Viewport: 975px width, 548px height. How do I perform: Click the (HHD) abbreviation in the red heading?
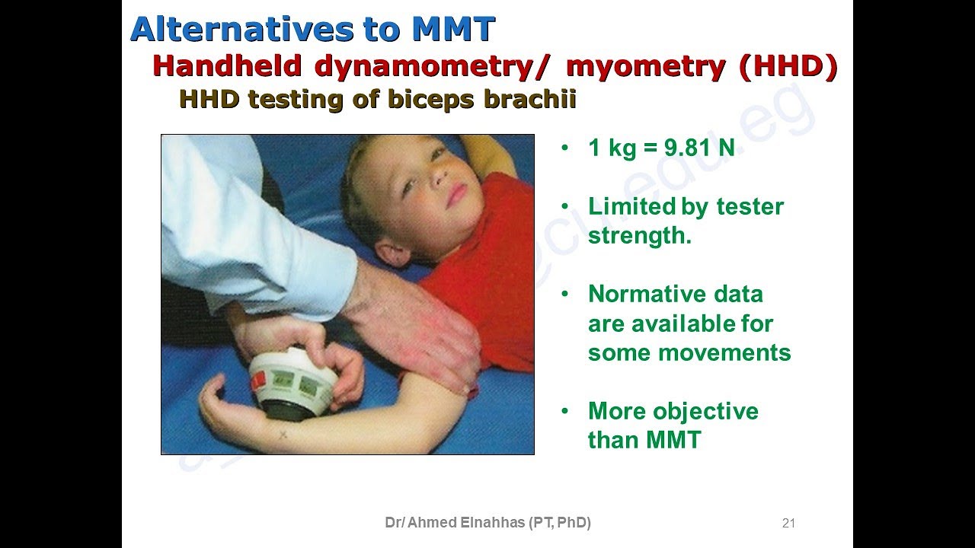click(x=788, y=67)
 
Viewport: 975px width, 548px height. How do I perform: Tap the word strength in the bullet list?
click(x=638, y=236)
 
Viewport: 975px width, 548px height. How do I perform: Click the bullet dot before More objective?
click(x=564, y=411)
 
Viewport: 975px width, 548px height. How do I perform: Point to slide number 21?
click(x=788, y=523)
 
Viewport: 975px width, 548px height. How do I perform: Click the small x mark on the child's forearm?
click(x=283, y=435)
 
